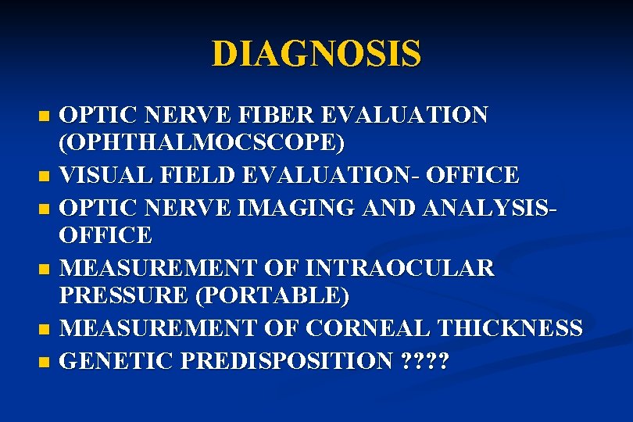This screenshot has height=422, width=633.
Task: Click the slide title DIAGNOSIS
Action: [x=316, y=54]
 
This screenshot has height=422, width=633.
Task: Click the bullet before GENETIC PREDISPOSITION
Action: [x=43, y=362]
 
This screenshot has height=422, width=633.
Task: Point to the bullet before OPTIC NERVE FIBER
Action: [x=43, y=116]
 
